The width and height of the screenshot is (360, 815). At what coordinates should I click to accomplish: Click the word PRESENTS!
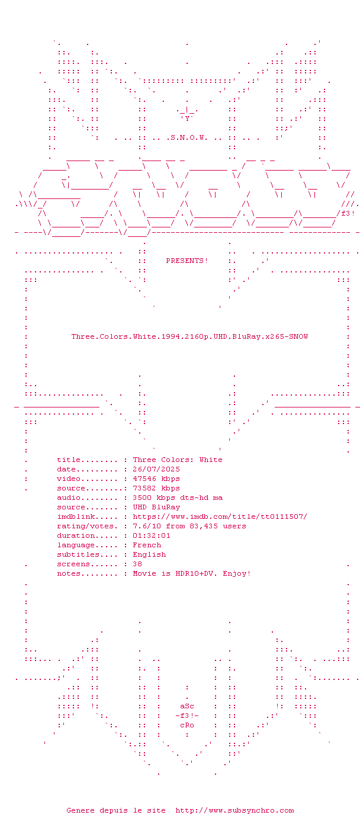click(x=187, y=261)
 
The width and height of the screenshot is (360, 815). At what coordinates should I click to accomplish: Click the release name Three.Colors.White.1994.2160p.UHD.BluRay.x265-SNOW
click(x=189, y=336)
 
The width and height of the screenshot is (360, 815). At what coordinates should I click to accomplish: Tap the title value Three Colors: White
click(x=178, y=460)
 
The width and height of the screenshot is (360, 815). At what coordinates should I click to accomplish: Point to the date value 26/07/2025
click(x=156, y=469)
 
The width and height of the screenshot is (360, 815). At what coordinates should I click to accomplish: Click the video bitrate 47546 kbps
click(x=156, y=479)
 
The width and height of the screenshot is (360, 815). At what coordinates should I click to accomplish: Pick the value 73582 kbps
click(x=156, y=488)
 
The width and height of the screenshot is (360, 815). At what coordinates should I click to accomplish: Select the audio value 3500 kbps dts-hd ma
click(x=178, y=498)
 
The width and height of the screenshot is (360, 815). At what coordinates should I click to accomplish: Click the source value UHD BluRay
click(x=156, y=507)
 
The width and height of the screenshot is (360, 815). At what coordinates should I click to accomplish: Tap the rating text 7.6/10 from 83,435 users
click(x=189, y=526)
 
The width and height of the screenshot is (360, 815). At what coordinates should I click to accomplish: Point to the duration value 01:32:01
click(x=152, y=535)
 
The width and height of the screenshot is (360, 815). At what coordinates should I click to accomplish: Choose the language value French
click(x=147, y=545)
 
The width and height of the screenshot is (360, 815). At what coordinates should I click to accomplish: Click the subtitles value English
click(x=149, y=554)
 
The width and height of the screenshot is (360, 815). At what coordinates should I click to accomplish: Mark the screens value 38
click(x=137, y=564)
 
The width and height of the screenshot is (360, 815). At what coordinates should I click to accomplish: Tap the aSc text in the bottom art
click(x=187, y=706)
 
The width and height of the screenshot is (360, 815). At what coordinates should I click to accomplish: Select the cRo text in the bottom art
click(x=187, y=725)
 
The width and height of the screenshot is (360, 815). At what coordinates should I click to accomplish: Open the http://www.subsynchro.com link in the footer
click(x=234, y=810)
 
